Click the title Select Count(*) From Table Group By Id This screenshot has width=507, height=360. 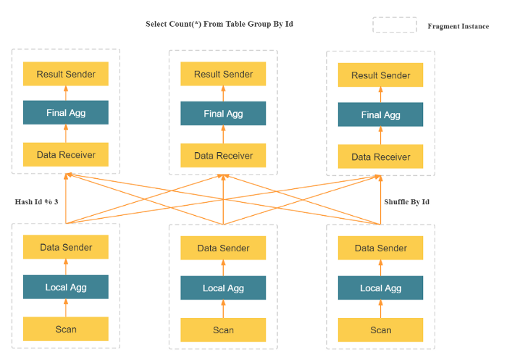[219, 24]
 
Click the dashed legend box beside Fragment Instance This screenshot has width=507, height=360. [395, 25]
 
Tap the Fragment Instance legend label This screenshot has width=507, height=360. [458, 26]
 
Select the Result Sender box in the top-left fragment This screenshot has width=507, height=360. [66, 74]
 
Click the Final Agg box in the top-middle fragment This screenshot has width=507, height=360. [223, 114]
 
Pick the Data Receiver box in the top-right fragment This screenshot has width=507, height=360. [381, 156]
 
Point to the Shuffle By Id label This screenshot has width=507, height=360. [406, 201]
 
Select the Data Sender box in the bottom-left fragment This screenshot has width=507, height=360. [66, 247]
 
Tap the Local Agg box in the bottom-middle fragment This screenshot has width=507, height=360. [223, 288]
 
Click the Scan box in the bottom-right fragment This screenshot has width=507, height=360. [381, 330]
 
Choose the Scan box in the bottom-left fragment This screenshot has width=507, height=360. [66, 329]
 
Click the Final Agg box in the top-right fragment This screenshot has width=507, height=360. [381, 114]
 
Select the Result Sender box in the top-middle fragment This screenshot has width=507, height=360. [223, 74]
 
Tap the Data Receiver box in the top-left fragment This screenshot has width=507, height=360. [66, 155]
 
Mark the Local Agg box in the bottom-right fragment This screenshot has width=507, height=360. [381, 288]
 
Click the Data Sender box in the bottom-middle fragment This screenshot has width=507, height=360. [223, 248]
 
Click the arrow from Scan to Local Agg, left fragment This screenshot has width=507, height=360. [66, 308]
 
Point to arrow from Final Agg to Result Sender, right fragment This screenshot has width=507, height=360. [381, 95]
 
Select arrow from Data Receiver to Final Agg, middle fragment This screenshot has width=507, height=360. [223, 135]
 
